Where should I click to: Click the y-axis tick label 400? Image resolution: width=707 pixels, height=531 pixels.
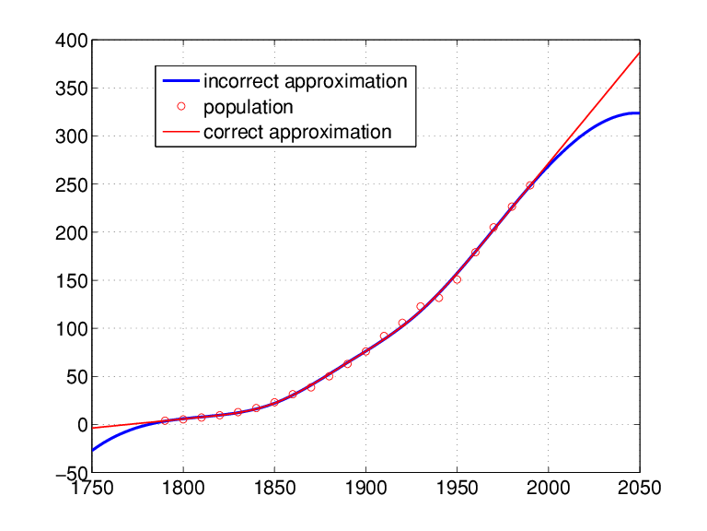click(x=71, y=41)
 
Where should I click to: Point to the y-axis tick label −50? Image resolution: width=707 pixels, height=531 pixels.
click(x=68, y=473)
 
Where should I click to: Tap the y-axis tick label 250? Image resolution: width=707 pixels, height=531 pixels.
click(x=71, y=185)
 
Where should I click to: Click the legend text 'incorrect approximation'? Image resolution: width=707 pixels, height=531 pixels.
click(x=305, y=81)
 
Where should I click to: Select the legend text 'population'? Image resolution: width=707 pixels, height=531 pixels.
click(x=248, y=107)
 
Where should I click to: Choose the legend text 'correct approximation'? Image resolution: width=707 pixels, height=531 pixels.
click(x=297, y=132)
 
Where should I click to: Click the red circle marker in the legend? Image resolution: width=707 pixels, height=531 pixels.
click(x=181, y=107)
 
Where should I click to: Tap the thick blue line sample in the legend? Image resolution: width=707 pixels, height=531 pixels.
click(x=181, y=81)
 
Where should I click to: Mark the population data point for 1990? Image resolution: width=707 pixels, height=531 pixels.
click(x=529, y=185)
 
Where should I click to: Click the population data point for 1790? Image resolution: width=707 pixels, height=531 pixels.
click(x=165, y=420)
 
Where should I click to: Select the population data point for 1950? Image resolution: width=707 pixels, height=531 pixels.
click(x=457, y=279)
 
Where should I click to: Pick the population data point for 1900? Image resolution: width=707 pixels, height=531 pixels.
click(x=365, y=351)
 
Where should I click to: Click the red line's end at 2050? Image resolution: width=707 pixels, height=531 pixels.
click(x=639, y=53)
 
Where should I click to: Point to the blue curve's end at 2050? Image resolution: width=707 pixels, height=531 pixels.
click(x=639, y=113)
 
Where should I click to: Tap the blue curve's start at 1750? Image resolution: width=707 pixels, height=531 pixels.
click(x=93, y=450)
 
